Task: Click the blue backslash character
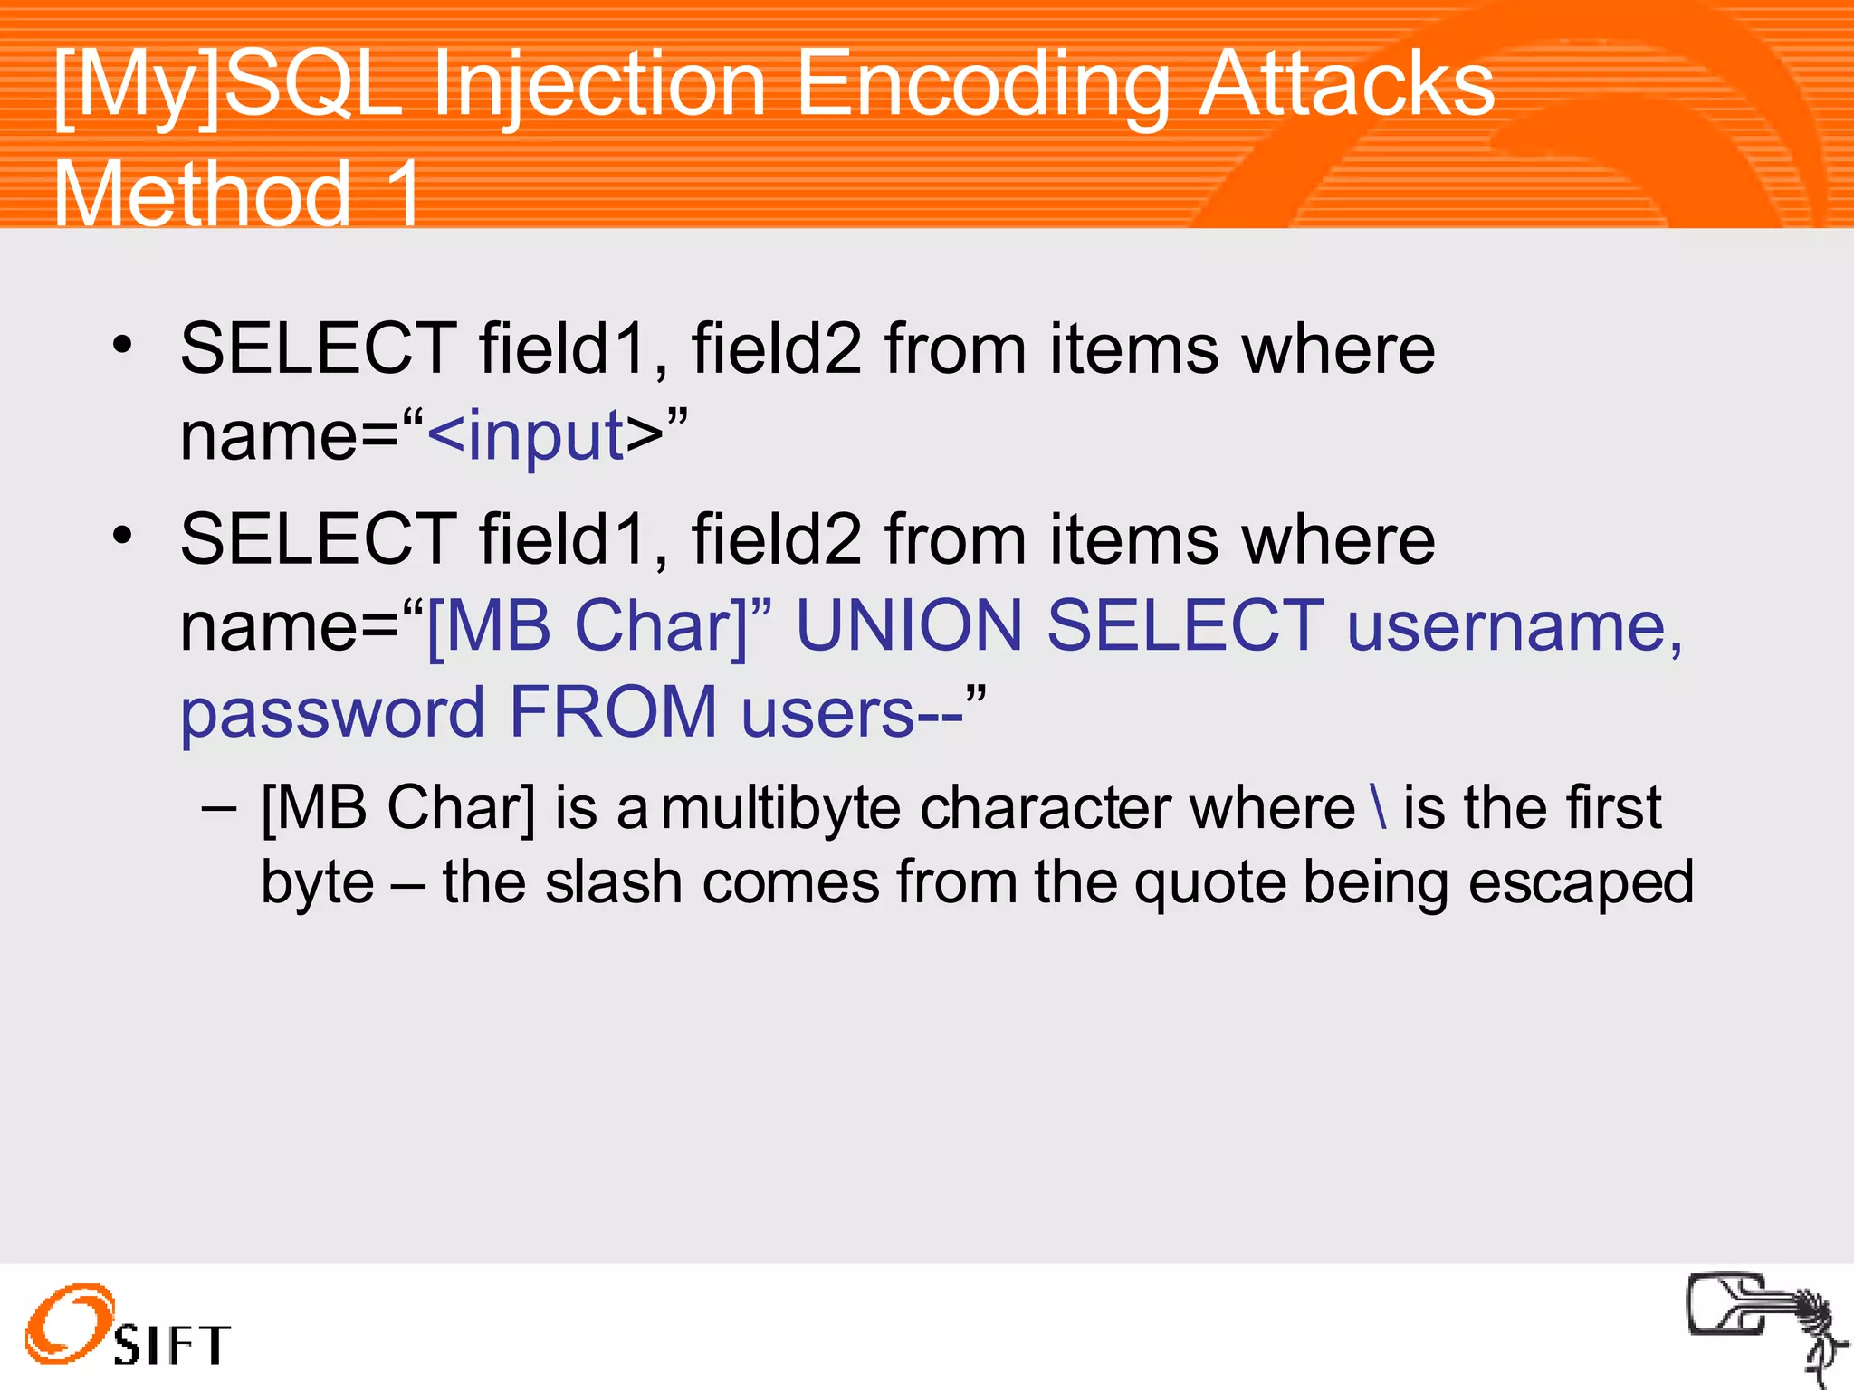(1379, 806)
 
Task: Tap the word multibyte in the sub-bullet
(780, 808)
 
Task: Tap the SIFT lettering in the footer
(172, 1344)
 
